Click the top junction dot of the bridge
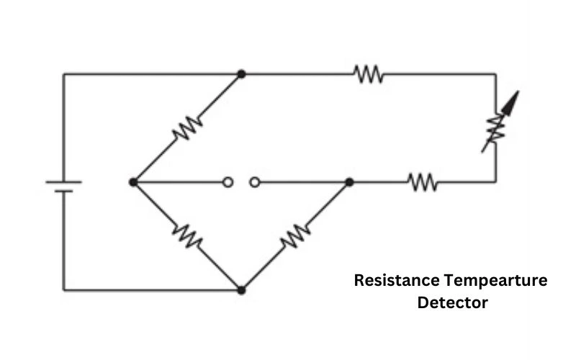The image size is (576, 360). (x=241, y=74)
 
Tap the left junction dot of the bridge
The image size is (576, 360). (x=133, y=182)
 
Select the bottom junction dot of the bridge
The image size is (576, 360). (x=241, y=290)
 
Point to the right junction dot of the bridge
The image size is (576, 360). (x=349, y=182)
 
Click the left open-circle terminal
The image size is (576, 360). (x=228, y=182)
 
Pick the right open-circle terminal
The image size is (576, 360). (x=255, y=182)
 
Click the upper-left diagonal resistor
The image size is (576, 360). (x=187, y=128)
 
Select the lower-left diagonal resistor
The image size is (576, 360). (x=187, y=236)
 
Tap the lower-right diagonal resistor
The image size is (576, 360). (x=295, y=236)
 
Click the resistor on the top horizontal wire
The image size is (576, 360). (x=369, y=74)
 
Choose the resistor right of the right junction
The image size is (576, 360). (x=423, y=182)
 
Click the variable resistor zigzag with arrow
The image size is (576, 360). (x=496, y=128)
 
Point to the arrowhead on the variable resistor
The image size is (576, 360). (x=512, y=102)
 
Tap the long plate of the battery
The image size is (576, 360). (x=63, y=182)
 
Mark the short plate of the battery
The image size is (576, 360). (x=63, y=191)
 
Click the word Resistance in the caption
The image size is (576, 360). (x=397, y=280)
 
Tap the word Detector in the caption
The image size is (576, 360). (x=453, y=302)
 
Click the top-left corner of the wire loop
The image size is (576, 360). (x=63, y=74)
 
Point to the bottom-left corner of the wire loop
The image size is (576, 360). (x=63, y=290)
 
